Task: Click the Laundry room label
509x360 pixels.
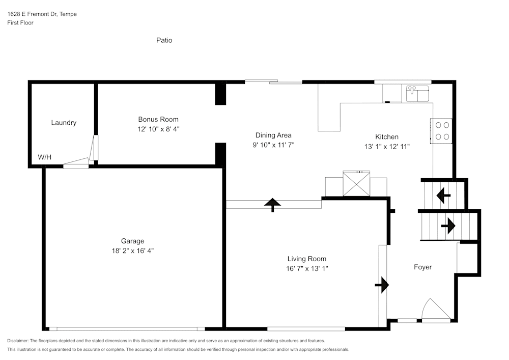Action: (64, 123)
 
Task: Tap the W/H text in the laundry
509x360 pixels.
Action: (45, 157)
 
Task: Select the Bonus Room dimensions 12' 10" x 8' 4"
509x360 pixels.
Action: (159, 129)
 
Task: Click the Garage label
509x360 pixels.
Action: (132, 241)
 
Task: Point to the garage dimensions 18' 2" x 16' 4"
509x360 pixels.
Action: (132, 251)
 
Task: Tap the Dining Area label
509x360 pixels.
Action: (273, 135)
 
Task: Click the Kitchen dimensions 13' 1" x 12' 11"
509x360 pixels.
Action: (387, 146)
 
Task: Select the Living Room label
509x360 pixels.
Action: (306, 259)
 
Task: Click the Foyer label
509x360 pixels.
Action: (422, 267)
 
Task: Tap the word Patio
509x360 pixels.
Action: (164, 40)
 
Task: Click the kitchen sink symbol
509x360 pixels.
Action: (417, 94)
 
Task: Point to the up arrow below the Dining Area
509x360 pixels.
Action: (273, 205)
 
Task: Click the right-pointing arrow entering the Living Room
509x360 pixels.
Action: (382, 285)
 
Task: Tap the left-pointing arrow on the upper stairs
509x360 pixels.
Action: (443, 195)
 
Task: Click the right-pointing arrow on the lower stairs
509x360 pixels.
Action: (448, 226)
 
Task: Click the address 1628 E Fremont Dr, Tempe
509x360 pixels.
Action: (42, 14)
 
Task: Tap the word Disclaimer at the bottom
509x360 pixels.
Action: (18, 341)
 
